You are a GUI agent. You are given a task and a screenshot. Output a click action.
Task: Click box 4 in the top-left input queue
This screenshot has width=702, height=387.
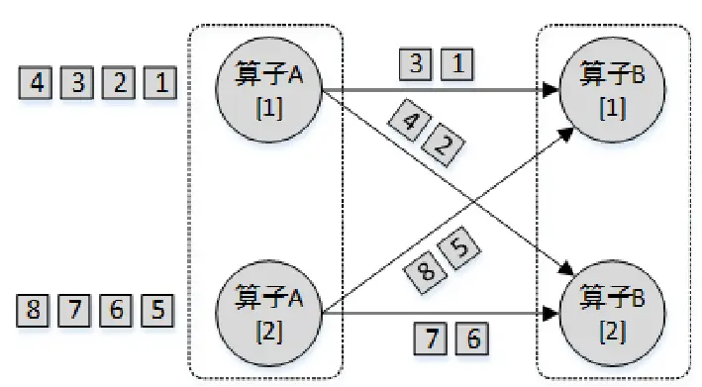(37, 82)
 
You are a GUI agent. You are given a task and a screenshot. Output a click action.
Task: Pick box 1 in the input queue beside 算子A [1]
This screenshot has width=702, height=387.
(159, 82)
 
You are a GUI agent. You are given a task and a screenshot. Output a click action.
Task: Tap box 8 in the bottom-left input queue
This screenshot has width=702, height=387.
(36, 311)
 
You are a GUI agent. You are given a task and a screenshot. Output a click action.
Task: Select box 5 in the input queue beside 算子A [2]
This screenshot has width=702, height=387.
(158, 311)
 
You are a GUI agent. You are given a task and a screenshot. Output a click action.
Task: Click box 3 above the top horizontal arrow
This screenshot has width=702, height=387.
(416, 65)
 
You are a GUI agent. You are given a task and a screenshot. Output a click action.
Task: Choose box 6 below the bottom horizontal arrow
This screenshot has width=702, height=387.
(470, 339)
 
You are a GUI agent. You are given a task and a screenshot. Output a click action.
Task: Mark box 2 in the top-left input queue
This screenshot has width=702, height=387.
(119, 82)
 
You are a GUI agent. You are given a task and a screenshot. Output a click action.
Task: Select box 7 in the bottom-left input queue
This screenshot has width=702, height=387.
(76, 311)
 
